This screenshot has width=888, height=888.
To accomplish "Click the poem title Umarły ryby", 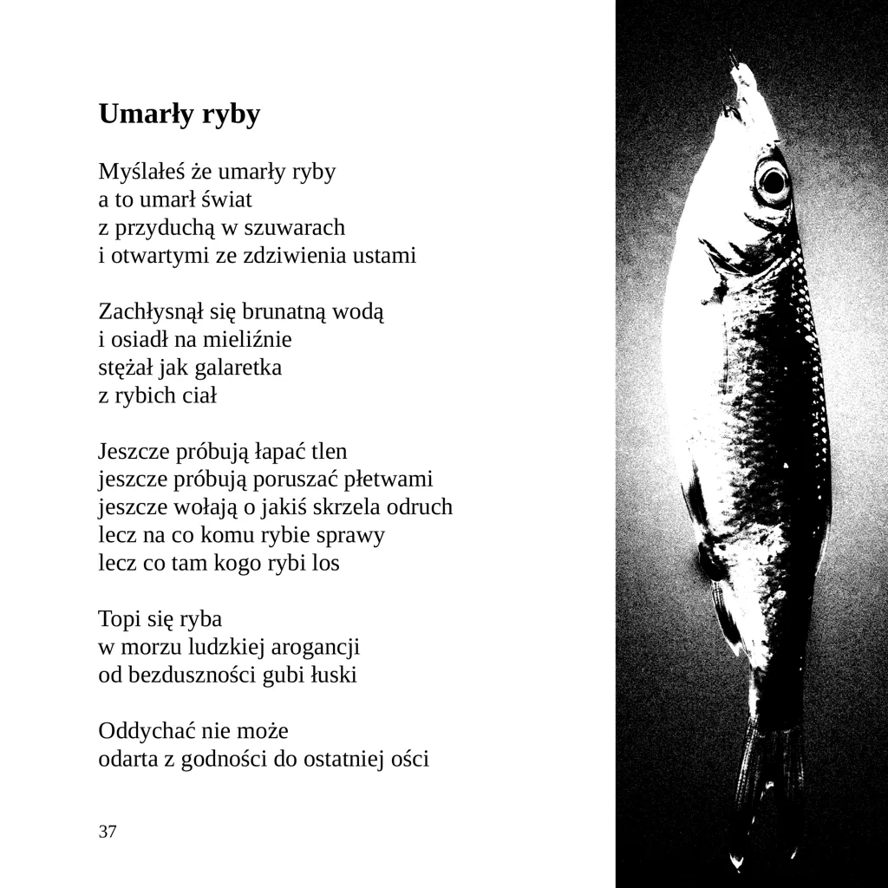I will click(x=180, y=114).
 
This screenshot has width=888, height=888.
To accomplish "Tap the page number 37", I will click(x=108, y=832).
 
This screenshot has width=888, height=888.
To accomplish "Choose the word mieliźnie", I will click(x=247, y=339).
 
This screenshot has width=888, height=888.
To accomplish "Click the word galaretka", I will click(x=238, y=368).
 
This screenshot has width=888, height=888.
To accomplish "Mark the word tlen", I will click(x=329, y=452).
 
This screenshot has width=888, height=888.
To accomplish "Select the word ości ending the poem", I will click(x=409, y=760).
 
